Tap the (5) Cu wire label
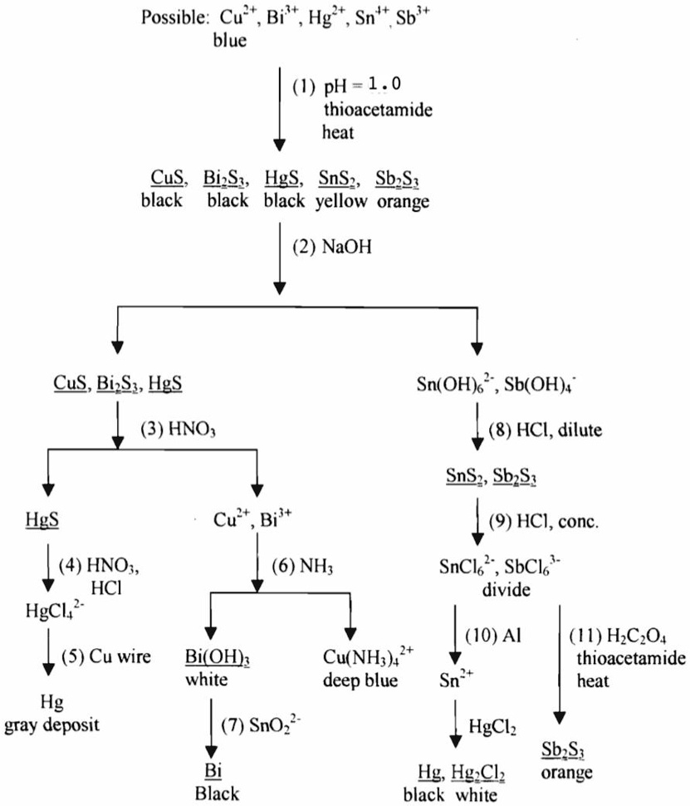[x=105, y=657]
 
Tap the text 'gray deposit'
[x=51, y=725]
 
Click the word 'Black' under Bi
[x=217, y=794]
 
